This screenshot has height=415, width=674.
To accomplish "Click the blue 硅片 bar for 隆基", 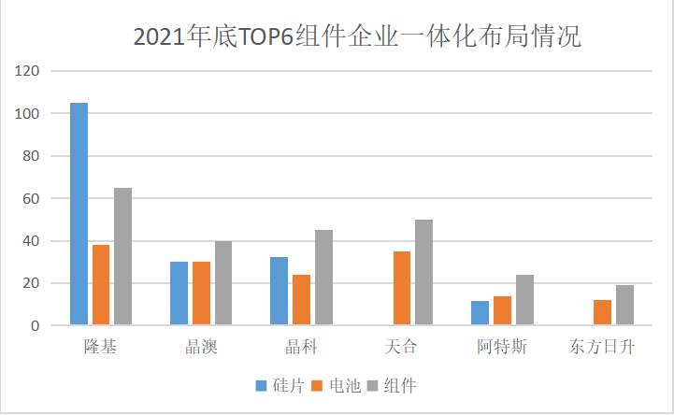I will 79,214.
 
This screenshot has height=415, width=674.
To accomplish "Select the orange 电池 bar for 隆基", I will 101,285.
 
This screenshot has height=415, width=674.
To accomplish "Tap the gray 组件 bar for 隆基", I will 122,257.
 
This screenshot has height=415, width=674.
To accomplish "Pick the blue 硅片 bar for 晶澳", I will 179,293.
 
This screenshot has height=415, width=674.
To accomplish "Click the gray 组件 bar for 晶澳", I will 223,283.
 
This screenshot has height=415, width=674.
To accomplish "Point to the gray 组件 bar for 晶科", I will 323,278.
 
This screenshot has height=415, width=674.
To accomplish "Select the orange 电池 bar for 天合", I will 402,289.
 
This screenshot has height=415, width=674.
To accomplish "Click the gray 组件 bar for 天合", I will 423,273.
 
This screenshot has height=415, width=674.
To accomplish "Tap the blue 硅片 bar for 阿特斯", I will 480,313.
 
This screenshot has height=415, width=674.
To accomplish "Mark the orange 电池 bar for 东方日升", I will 602,312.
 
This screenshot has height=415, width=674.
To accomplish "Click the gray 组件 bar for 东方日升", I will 624,306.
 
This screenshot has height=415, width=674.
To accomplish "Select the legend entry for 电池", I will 337,385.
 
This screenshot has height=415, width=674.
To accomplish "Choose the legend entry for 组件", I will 393,385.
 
